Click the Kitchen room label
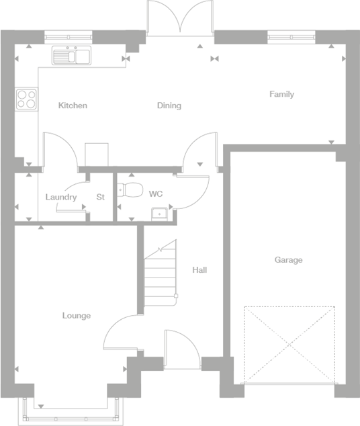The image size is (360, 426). click(73, 105)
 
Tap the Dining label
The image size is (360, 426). click(169, 105)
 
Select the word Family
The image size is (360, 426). click(281, 94)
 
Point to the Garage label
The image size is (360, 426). click(288, 260)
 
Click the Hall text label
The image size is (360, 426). click(199, 270)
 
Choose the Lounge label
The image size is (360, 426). click(77, 316)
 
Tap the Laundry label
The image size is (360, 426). click(60, 198)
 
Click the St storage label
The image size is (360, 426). click(101, 198)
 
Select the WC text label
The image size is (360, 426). click(156, 194)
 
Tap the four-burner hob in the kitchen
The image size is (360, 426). click(26, 99)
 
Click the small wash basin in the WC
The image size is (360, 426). click(160, 214)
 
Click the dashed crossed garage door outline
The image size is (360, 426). click(289, 345)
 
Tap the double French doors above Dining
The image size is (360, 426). click(180, 17)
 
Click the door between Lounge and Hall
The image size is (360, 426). click(124, 333)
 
